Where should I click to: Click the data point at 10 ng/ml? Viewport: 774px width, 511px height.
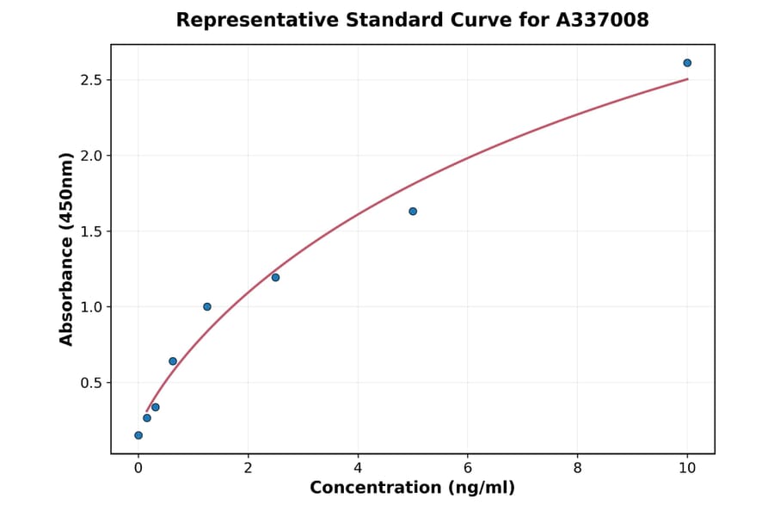(687, 63)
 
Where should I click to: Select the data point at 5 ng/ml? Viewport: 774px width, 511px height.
(413, 211)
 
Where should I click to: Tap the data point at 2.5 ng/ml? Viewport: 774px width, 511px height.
(275, 277)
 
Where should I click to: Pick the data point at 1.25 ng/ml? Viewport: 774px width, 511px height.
(207, 306)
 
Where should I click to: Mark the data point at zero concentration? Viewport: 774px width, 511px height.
(138, 435)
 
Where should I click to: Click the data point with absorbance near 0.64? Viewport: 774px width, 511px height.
(173, 361)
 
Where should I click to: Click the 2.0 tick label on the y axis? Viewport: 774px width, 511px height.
(90, 156)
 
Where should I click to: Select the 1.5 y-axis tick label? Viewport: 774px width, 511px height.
(90, 231)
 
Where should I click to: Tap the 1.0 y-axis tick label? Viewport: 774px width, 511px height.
(90, 307)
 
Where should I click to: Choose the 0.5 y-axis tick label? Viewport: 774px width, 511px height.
(90, 383)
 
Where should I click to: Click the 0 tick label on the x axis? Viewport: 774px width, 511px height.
(138, 468)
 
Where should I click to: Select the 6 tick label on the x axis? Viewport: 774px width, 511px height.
(467, 468)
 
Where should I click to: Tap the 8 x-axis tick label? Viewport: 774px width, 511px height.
(577, 468)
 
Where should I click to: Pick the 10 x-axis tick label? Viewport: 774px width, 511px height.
(687, 468)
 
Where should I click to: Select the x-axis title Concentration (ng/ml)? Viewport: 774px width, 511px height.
(412, 489)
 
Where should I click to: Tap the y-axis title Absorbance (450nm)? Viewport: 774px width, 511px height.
(67, 249)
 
